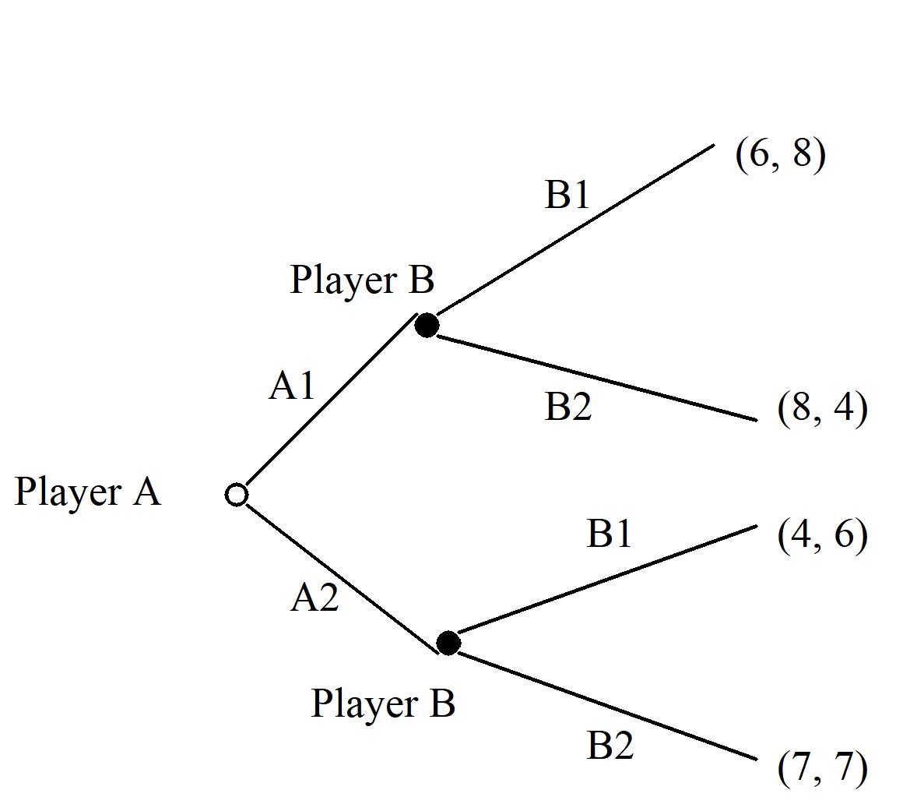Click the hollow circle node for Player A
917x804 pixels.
pos(237,495)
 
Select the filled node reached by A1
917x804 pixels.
pos(427,324)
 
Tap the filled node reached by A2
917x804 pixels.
pos(448,643)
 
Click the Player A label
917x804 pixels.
pos(87,492)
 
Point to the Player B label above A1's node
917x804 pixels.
pos(362,280)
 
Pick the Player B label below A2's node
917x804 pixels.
pos(383,703)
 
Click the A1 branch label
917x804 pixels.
pos(292,385)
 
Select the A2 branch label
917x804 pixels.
pos(314,598)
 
